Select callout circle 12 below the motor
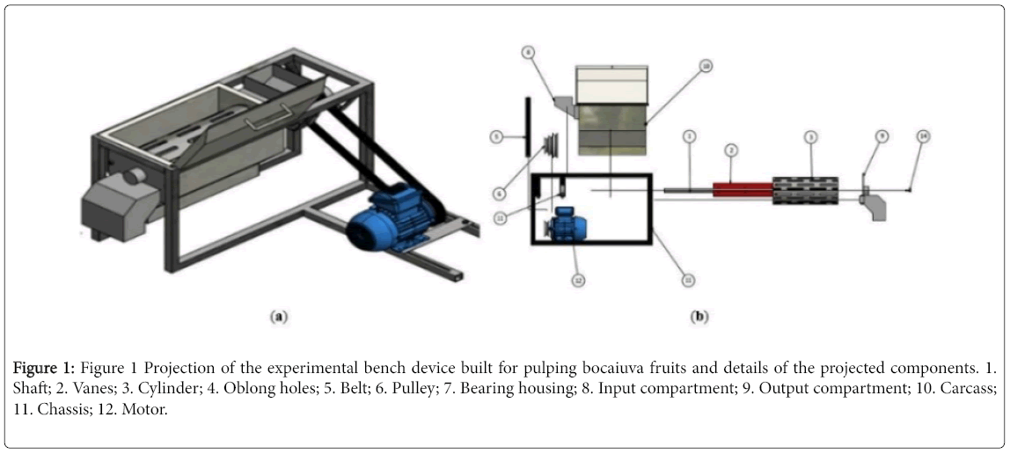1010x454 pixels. pyautogui.click(x=579, y=280)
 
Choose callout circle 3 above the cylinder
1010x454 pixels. pyautogui.click(x=811, y=136)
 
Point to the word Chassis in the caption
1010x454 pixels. pyautogui.click(x=54, y=409)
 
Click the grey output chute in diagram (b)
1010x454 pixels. pyautogui.click(x=875, y=203)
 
